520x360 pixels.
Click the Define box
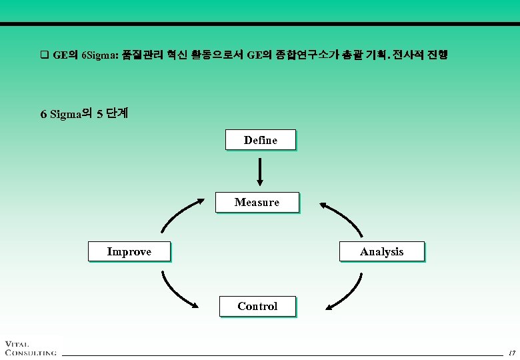pyautogui.click(x=260, y=140)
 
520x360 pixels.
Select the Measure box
pyautogui.click(x=257, y=202)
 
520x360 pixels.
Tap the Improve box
pyautogui.click(x=129, y=251)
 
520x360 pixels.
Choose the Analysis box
pyautogui.click(x=381, y=251)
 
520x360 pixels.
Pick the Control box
pyautogui.click(x=257, y=306)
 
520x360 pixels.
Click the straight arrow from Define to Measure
pyautogui.click(x=260, y=171)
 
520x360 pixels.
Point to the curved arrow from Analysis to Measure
pyautogui.click(x=342, y=216)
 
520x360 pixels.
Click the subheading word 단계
pyautogui.click(x=117, y=113)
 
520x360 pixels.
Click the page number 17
pyautogui.click(x=511, y=352)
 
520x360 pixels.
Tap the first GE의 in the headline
pyautogui.click(x=65, y=55)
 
